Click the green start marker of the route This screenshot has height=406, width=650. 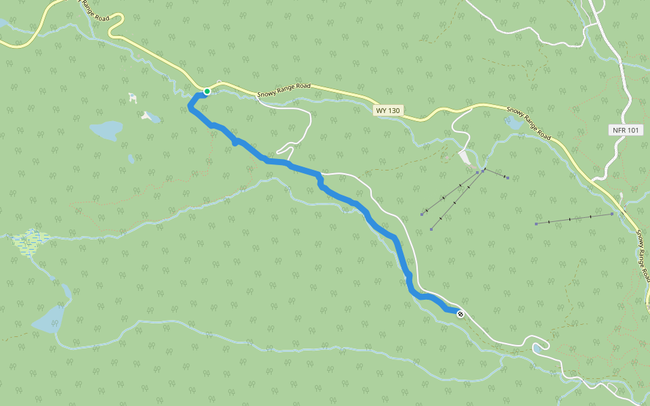click(x=207, y=91)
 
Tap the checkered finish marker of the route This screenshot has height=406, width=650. click(x=460, y=313)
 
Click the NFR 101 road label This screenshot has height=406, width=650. click(x=624, y=130)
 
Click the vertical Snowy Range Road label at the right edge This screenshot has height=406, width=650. click(x=643, y=256)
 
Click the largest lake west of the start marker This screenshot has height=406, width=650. click(x=106, y=130)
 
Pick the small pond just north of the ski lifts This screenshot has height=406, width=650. click(x=513, y=123)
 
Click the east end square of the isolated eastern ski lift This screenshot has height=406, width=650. click(x=612, y=214)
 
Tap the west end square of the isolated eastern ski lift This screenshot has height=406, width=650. click(x=536, y=223)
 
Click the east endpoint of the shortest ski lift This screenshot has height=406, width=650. click(x=507, y=179)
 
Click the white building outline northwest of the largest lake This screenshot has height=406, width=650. click(x=133, y=98)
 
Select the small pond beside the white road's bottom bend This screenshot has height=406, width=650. click(x=539, y=348)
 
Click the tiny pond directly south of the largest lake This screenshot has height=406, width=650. click(x=131, y=159)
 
